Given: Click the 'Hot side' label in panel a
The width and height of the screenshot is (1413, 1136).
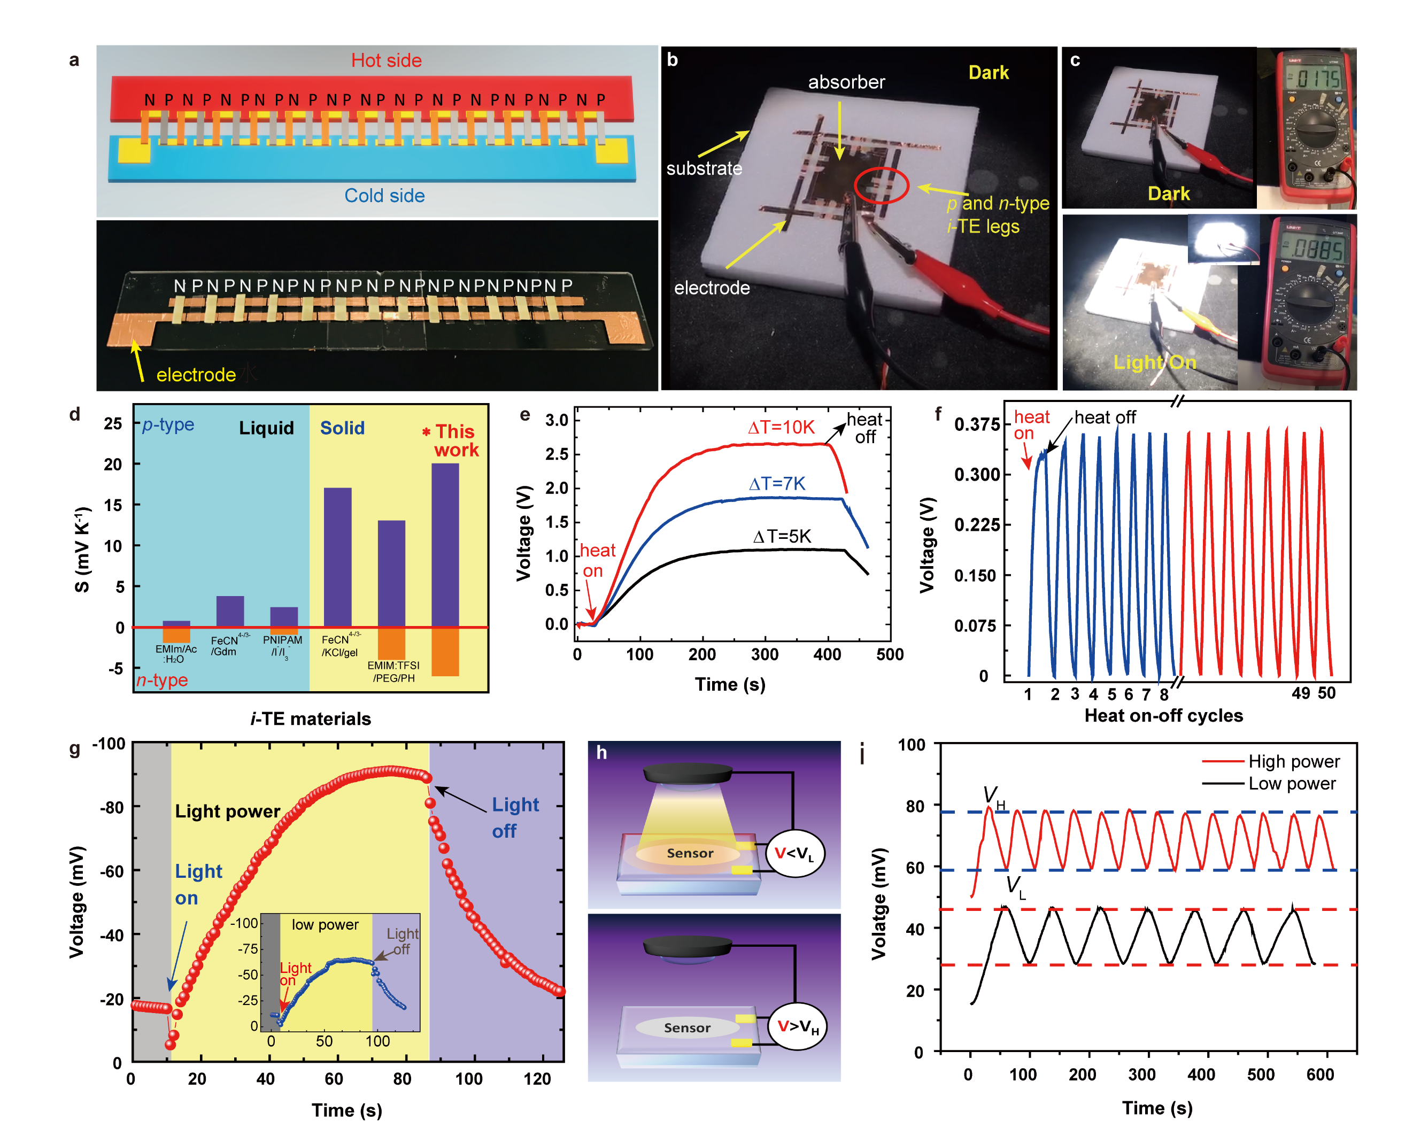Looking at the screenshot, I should (x=386, y=60).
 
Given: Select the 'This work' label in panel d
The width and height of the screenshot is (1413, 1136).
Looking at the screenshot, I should (x=454, y=441).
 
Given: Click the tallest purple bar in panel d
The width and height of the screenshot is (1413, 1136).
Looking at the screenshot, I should (x=445, y=544).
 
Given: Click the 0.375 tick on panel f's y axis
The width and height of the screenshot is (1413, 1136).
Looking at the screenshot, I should (x=977, y=424).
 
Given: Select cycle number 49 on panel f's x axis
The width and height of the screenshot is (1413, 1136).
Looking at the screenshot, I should (x=1301, y=693).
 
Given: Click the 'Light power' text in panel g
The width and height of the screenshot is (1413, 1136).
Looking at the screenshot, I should (x=227, y=812).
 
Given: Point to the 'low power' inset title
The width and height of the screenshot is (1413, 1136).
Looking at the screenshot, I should (x=325, y=924).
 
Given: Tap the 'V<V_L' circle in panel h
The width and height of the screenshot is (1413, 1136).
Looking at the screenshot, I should (x=794, y=853).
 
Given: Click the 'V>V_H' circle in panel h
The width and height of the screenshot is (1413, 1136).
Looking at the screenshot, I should (x=797, y=1026).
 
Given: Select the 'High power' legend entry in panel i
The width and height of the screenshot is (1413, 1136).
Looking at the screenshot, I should (x=1293, y=761).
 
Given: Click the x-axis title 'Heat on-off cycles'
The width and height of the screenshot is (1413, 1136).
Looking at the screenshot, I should (x=1163, y=715).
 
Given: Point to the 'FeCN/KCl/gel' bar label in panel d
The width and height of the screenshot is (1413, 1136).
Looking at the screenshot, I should (x=339, y=646).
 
